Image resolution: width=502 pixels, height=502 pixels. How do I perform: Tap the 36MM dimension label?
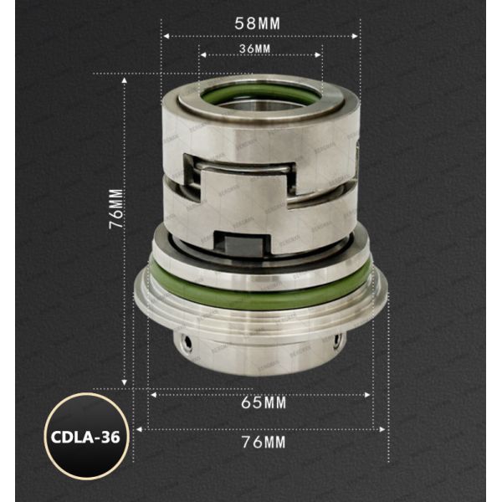point(255,49)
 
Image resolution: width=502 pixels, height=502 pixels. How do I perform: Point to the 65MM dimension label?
point(264,403)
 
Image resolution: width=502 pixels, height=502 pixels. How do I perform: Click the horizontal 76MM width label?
point(264,442)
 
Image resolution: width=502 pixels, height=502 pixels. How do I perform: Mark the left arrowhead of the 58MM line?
point(166,36)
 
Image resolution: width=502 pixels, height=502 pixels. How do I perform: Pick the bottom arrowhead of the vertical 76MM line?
point(125,384)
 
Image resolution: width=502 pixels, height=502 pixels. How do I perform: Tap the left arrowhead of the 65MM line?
point(151,392)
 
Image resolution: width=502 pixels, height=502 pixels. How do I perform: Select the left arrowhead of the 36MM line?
point(202,56)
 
